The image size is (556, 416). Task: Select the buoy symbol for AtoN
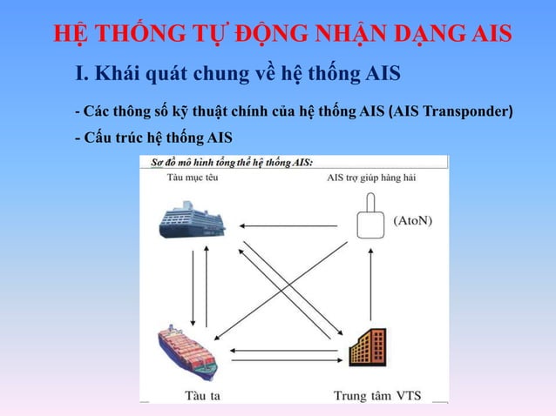[370, 218]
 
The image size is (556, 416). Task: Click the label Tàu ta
[202, 395]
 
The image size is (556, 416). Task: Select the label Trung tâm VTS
[377, 395]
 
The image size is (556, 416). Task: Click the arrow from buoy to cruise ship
[288, 226]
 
